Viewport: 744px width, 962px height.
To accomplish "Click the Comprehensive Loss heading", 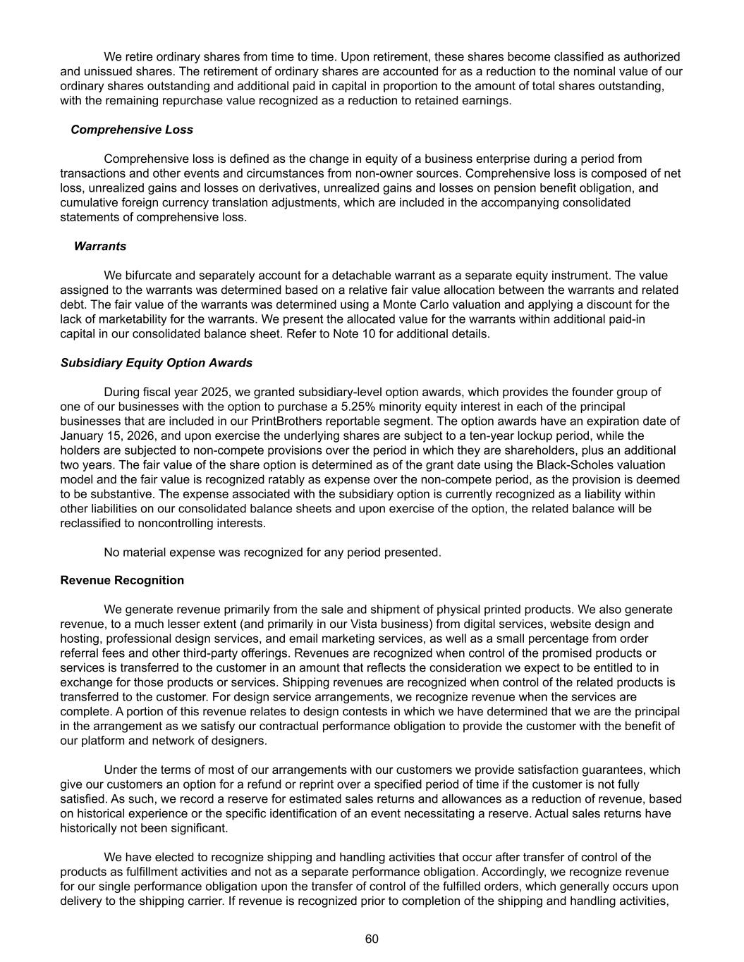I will [131, 130].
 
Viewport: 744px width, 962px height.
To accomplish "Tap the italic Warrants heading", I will [100, 246].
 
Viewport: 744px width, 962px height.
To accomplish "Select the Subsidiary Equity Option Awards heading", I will [156, 363].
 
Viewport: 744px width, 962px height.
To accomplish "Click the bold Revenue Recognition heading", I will [122, 580].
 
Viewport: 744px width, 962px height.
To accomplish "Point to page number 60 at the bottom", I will [372, 939].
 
